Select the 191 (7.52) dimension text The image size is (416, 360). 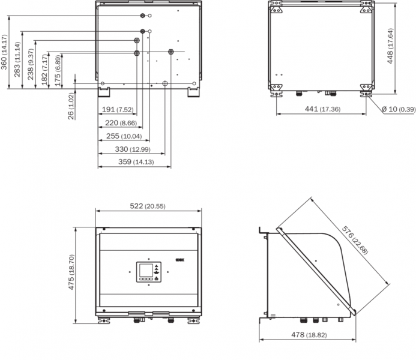118,110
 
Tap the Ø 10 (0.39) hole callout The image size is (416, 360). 398,109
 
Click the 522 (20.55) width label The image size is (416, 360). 148,206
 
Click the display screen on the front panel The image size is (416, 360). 145,272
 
